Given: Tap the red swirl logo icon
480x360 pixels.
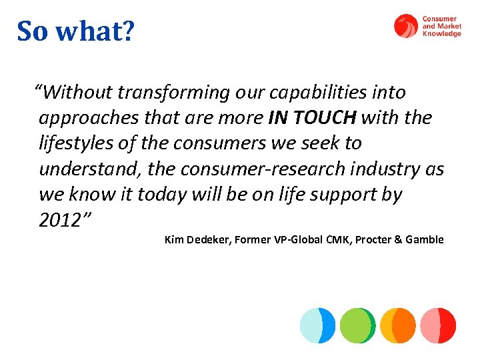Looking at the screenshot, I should tap(405, 27).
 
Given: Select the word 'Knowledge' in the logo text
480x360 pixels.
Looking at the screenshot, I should tap(441, 34).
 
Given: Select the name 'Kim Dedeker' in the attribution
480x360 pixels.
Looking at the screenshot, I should tap(197, 240).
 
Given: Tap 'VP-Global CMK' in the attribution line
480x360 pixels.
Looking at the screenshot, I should tap(313, 240).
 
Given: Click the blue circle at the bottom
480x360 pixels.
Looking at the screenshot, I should tap(317, 325).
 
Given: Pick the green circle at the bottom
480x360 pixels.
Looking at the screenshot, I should tap(357, 325).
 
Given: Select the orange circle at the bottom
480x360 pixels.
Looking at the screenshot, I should tap(398, 325).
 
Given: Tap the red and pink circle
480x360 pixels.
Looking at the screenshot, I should tap(438, 325).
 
